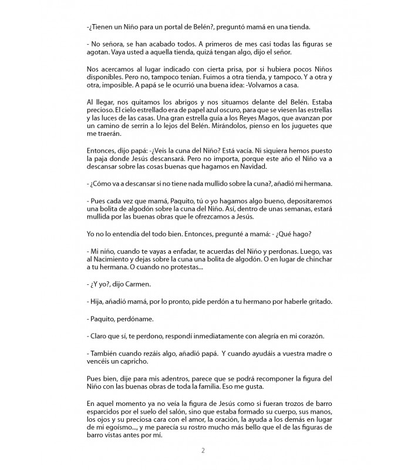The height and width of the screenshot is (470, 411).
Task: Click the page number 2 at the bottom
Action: (x=203, y=451)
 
